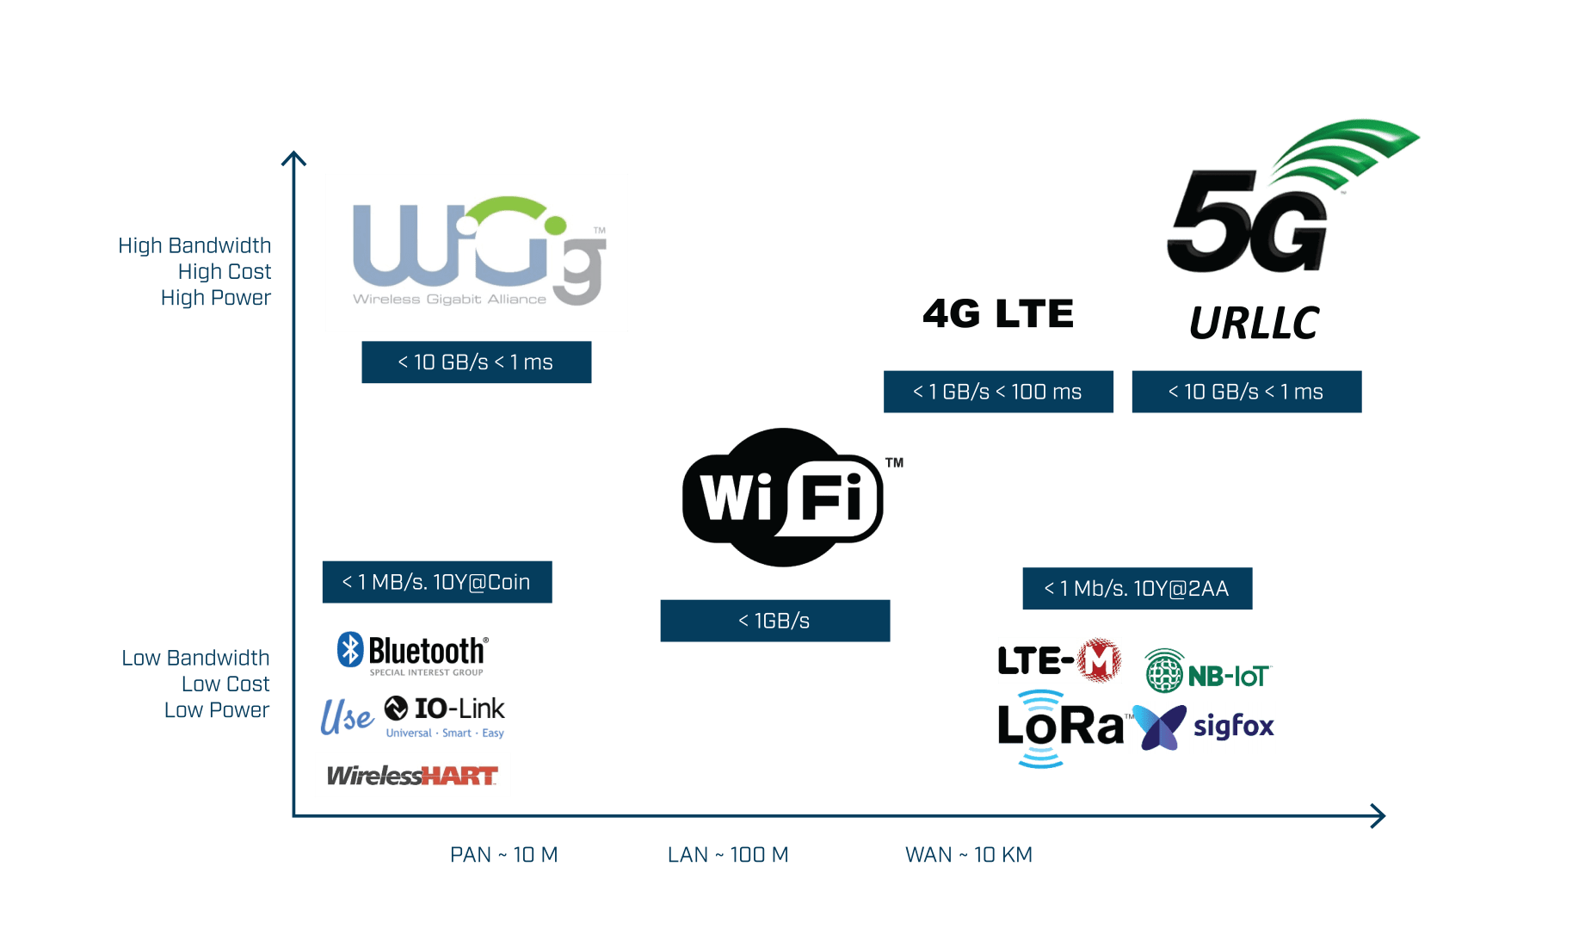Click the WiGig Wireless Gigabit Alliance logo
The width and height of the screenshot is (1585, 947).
[x=476, y=252]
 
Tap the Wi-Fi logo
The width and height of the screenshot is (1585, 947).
[x=783, y=497]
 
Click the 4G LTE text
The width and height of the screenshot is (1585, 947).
[x=998, y=314]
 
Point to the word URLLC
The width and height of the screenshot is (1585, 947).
[x=1254, y=324]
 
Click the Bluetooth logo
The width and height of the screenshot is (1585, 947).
[x=413, y=653]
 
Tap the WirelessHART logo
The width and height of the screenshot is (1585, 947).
[x=412, y=775]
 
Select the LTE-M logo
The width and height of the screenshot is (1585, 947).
[x=1059, y=660]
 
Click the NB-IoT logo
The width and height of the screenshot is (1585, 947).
[x=1207, y=672]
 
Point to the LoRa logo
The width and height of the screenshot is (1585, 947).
[x=1061, y=727]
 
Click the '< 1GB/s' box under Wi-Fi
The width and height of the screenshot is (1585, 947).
[x=774, y=621]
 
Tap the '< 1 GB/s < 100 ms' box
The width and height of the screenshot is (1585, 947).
[x=998, y=392]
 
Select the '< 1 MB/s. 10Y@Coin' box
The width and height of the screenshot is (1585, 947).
[x=436, y=582]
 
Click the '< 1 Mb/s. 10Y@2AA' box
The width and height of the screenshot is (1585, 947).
[x=1137, y=589]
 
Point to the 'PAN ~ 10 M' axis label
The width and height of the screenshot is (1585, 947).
[x=503, y=855]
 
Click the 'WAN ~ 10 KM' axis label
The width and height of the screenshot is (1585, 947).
[x=968, y=855]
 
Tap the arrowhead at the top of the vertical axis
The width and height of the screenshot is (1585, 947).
[x=293, y=158]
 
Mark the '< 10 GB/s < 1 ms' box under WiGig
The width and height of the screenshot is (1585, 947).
[x=476, y=362]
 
